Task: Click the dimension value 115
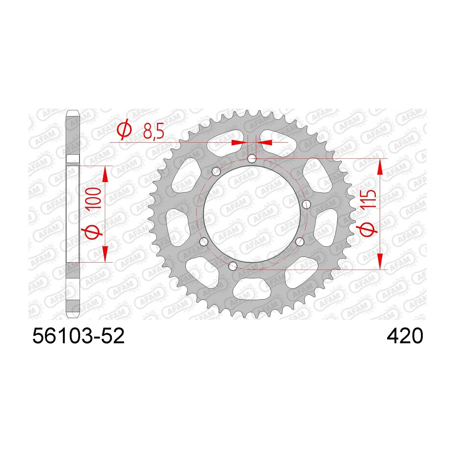click(369, 199)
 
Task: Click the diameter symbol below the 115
click(369, 226)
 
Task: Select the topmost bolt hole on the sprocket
click(252, 159)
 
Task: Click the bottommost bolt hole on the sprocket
click(233, 266)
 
